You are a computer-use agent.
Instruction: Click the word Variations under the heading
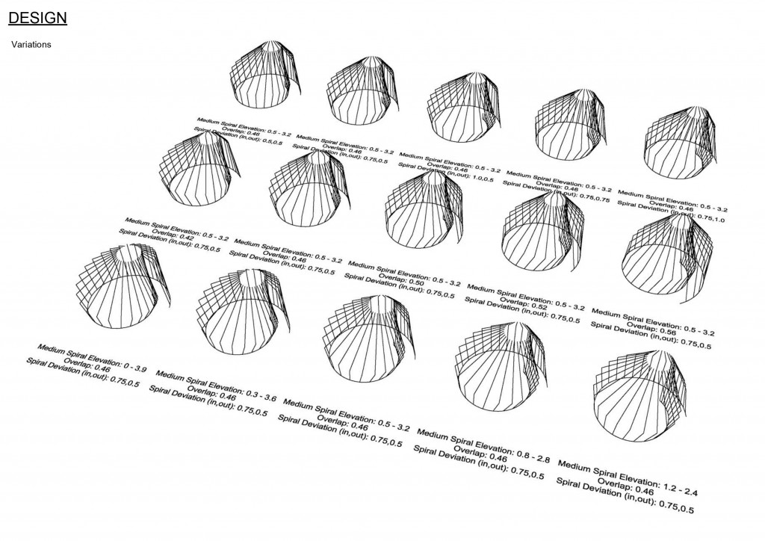click(x=31, y=45)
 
